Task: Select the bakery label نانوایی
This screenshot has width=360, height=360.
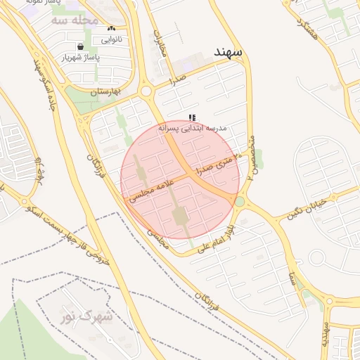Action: point(111,39)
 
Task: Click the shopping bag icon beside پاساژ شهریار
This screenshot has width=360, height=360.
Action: point(81,46)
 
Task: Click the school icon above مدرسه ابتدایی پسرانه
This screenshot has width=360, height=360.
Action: point(192,117)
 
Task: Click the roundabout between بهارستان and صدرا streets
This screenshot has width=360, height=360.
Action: point(147,91)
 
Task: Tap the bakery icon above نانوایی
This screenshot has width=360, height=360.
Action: point(110,29)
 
